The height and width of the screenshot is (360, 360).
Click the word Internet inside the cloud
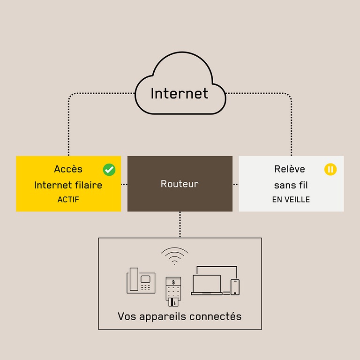click(179, 93)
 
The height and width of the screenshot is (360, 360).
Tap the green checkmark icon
click(109, 169)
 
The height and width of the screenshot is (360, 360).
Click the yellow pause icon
click(330, 169)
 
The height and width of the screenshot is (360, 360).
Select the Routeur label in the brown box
click(180, 184)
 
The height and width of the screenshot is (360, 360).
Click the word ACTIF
click(68, 199)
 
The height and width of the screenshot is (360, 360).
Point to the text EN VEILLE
click(291, 199)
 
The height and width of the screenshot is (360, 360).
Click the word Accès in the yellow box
click(68, 169)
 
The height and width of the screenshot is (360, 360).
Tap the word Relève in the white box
click(289, 169)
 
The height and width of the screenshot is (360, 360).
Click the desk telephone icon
click(141, 281)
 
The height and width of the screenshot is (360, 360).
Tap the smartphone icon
click(235, 287)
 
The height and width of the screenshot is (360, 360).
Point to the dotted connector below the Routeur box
click(180, 225)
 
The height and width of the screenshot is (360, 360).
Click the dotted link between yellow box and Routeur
click(124, 184)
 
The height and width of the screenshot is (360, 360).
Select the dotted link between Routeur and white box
click(235, 184)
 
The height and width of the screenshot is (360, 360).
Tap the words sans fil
click(291, 185)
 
